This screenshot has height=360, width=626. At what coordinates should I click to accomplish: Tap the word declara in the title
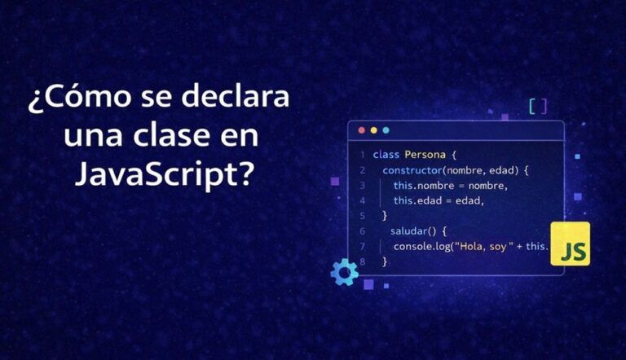(235, 96)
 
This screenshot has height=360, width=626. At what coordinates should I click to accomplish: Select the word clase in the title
(171, 135)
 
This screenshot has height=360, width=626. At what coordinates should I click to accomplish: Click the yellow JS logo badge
(570, 244)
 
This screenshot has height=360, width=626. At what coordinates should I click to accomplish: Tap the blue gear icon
(344, 272)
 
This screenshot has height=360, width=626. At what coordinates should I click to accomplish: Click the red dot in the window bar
(362, 130)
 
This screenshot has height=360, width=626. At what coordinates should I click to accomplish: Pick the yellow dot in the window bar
(373, 130)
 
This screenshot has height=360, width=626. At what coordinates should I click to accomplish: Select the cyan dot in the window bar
(386, 130)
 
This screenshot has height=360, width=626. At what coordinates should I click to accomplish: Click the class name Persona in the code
(425, 155)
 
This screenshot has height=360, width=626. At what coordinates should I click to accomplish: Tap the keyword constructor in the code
(412, 170)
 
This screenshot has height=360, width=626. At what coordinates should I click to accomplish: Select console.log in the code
(422, 246)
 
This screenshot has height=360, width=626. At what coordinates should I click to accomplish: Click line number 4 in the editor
(362, 200)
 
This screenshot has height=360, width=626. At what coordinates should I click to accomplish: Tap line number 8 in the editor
(362, 261)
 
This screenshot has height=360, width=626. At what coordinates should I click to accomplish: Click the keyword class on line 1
(386, 155)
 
